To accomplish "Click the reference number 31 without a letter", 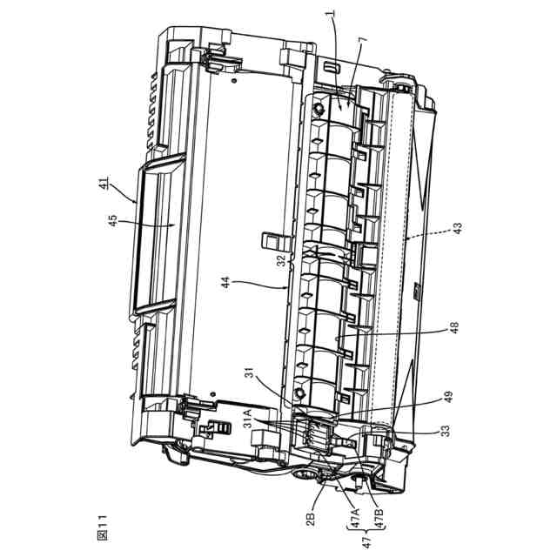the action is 250,374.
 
